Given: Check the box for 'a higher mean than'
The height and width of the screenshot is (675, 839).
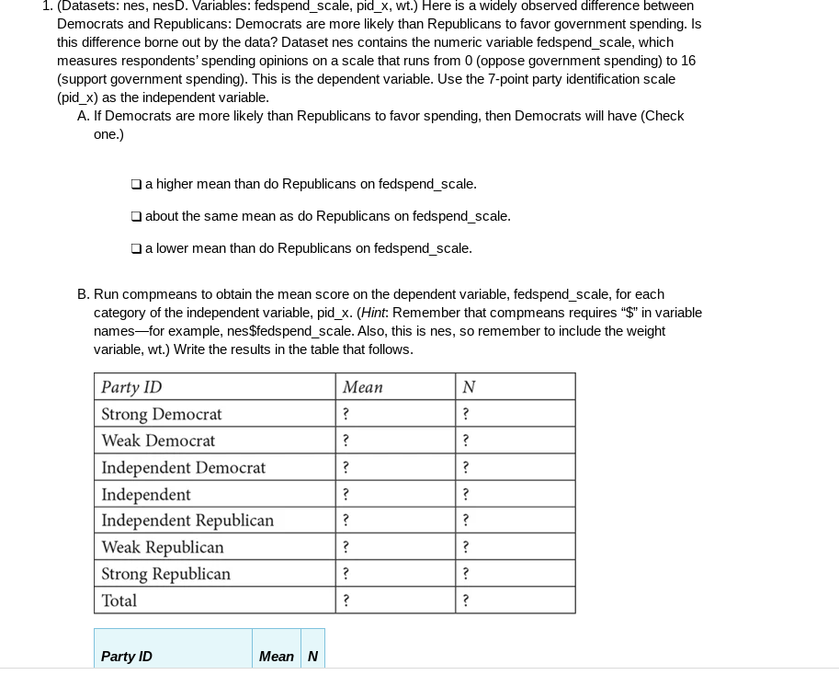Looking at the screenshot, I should click(x=136, y=184).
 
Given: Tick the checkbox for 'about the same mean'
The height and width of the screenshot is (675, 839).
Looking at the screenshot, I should click(x=136, y=216).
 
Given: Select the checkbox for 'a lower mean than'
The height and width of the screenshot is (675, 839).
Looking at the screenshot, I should click(x=136, y=248).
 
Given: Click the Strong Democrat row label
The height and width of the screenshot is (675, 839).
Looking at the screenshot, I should click(x=161, y=414).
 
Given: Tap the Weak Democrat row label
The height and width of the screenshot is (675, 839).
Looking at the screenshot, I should click(x=158, y=440).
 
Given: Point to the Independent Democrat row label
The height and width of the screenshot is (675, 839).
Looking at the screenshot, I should click(x=183, y=467).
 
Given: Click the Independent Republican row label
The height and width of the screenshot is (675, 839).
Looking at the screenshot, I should click(x=187, y=521).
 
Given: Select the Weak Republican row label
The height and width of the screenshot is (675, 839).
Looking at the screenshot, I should click(x=163, y=547).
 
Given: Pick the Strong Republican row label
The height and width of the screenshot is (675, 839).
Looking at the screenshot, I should click(x=165, y=574).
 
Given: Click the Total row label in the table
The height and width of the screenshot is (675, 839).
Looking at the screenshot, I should click(x=119, y=601).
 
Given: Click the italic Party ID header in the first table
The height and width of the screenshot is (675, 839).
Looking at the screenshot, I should click(x=131, y=387).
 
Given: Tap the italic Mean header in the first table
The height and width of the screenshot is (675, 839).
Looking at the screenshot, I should click(x=362, y=387).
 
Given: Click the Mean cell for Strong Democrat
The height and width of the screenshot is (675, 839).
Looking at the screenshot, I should click(x=346, y=414).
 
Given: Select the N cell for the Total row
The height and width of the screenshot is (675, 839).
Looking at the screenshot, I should click(x=467, y=601).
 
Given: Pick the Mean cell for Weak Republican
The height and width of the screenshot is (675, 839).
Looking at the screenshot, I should click(x=346, y=547).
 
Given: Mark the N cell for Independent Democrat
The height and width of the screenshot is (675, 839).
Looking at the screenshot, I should click(x=467, y=467).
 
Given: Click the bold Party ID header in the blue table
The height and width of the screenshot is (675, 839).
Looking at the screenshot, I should click(x=127, y=657).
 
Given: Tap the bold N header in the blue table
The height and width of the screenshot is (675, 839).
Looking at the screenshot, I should click(x=312, y=657).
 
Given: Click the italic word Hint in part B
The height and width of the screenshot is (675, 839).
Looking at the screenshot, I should click(x=374, y=313).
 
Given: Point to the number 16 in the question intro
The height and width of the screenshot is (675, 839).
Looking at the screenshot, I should click(x=687, y=61).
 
